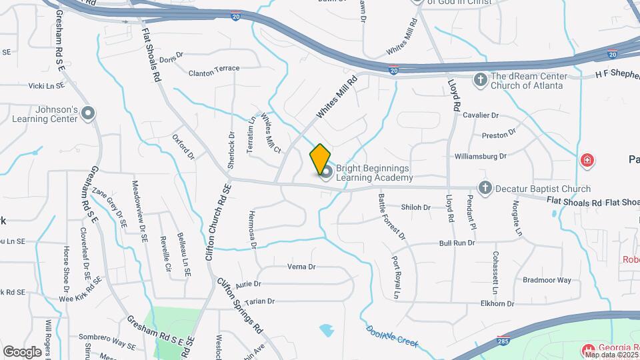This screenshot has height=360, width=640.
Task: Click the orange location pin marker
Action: pyautogui.click(x=320, y=159)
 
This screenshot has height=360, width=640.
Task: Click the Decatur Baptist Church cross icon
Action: pyautogui.click(x=485, y=189)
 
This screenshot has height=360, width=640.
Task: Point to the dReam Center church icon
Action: pyautogui.click(x=479, y=81)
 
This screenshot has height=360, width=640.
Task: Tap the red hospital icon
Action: pyautogui.click(x=587, y=160)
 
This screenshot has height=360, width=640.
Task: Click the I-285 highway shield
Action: pyautogui.click(x=499, y=341)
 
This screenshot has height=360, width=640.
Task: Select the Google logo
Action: pyautogui.click(x=22, y=352)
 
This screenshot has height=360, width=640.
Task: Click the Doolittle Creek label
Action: pyautogui.click(x=393, y=336)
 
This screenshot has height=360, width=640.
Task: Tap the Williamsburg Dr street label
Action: pyautogui.click(x=481, y=156)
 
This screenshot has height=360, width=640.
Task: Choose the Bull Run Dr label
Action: pyautogui.click(x=457, y=243)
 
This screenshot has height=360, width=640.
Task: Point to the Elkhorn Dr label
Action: pyautogui.click(x=497, y=303)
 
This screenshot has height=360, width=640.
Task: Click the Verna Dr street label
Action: pyautogui.click(x=301, y=267)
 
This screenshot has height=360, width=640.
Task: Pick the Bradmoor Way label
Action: pyautogui.click(x=547, y=280)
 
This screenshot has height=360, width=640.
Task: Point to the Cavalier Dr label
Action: pyautogui.click(x=481, y=115)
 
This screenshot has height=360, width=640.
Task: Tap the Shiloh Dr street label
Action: pyautogui.click(x=417, y=207)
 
